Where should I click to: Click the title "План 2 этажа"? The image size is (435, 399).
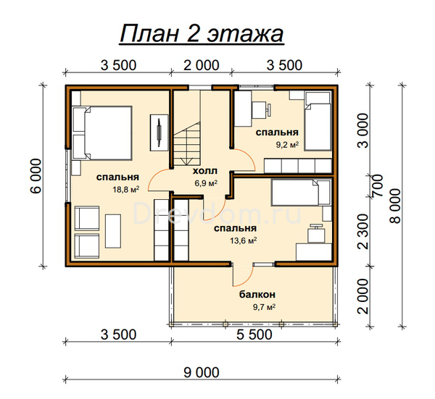(202, 34)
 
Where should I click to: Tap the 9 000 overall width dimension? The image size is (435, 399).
(202, 372)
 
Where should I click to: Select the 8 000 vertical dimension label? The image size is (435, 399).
(395, 206)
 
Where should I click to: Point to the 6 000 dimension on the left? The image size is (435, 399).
(36, 176)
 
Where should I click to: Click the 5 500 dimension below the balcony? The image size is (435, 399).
(254, 335)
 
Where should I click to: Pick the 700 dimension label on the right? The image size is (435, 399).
(377, 185)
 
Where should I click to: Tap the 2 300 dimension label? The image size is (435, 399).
(362, 232)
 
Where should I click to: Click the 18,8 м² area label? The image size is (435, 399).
(125, 190)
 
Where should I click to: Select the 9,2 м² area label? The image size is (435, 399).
(287, 145)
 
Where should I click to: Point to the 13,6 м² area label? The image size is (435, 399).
(244, 240)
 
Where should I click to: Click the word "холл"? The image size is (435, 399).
(205, 171)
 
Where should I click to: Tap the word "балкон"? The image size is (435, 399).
(257, 294)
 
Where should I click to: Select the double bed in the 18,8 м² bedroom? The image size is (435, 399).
(102, 133)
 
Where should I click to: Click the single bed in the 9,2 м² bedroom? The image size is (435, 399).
(318, 121)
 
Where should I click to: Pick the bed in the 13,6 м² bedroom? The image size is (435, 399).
(301, 193)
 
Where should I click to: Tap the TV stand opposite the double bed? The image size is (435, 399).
(159, 133)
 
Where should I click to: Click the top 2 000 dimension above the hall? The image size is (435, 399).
(202, 66)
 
